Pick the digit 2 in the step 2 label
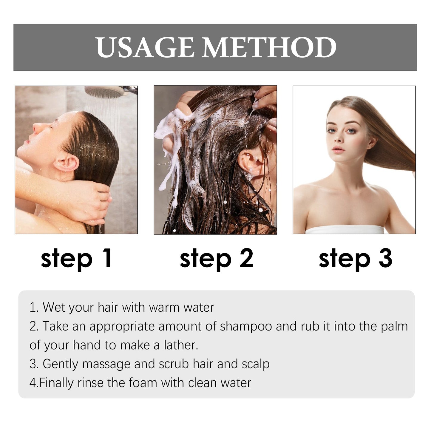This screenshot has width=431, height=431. [246, 258]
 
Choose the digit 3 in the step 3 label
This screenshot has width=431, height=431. [385, 258]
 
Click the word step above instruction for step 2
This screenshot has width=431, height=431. [206, 259]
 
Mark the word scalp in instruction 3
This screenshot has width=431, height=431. [256, 364]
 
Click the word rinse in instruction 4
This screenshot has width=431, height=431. [90, 383]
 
